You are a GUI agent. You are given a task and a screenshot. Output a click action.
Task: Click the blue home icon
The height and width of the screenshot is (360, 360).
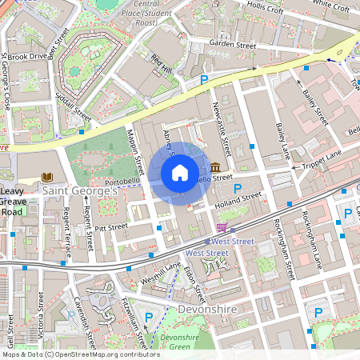pyautogui.click(x=180, y=173)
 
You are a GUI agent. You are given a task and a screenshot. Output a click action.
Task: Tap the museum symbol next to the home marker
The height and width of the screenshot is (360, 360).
pyautogui.click(x=217, y=167)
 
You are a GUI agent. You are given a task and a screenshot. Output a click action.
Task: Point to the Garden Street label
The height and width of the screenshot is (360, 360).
pyautogui.click(x=232, y=45)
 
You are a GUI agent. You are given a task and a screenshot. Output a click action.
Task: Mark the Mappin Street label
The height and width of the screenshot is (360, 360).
pyautogui.click(x=134, y=152)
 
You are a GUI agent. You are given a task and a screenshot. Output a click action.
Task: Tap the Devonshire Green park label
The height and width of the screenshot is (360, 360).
pyautogui.click(x=180, y=341)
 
